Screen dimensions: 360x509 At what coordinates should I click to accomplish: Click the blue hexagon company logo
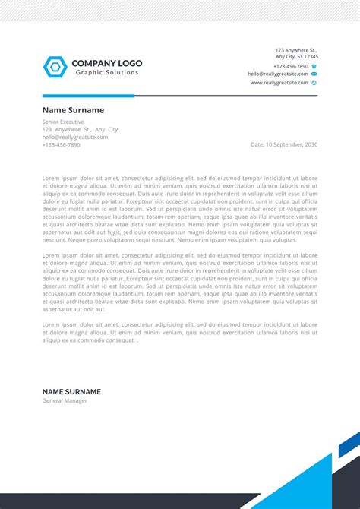[55, 67]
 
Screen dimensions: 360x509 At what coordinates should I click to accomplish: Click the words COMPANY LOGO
[106, 63]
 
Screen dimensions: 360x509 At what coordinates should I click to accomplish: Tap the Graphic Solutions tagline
[106, 73]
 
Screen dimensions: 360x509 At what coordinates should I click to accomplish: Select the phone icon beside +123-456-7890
[314, 66]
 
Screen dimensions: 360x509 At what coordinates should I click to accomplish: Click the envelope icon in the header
[314, 74]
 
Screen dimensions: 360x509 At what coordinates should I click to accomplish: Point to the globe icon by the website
[314, 83]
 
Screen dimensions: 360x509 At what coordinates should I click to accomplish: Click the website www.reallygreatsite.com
[279, 83]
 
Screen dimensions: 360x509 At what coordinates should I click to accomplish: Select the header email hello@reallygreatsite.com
[277, 74]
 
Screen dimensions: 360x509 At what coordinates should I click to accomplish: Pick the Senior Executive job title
[63, 122]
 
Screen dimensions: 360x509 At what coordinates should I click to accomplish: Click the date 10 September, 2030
[284, 144]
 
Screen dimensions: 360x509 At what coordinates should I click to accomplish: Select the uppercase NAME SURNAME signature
[71, 392]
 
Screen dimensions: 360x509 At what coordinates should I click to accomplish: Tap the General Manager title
[65, 401]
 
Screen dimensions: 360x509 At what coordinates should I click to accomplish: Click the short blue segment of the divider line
[88, 96]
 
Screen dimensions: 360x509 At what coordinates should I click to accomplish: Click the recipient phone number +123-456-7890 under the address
[61, 144]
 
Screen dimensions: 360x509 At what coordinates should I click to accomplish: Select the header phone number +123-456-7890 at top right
[291, 66]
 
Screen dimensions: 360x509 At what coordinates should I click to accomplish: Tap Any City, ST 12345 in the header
[296, 57]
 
